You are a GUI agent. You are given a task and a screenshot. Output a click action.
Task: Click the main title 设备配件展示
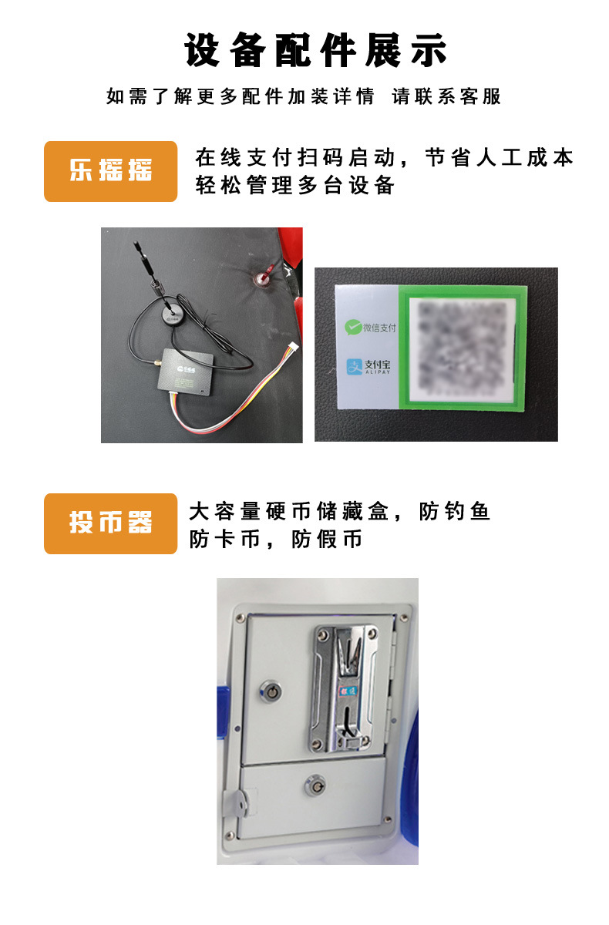pyautogui.click(x=316, y=52)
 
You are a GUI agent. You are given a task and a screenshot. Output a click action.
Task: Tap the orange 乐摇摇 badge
pyautogui.click(x=110, y=171)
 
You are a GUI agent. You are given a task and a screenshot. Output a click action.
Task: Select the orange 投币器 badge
pyautogui.click(x=110, y=523)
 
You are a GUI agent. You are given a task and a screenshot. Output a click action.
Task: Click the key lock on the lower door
pyautogui.click(x=315, y=785)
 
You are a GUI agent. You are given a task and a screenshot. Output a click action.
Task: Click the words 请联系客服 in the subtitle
pyautogui.click(x=446, y=96)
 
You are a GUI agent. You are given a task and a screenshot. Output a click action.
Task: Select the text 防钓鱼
pyautogui.click(x=455, y=512)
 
